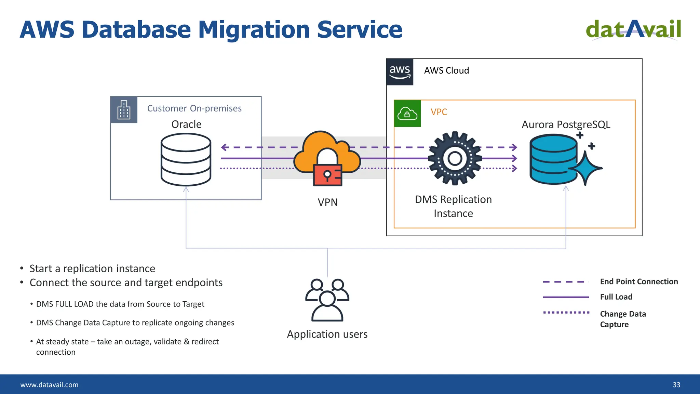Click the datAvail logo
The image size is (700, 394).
pos(633,29)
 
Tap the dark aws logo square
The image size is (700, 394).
pos(400,72)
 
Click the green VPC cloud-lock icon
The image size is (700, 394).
pos(407,114)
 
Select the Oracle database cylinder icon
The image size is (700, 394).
pos(186,159)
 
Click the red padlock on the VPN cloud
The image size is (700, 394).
pos(327,175)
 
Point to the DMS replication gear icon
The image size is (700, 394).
pos(455,158)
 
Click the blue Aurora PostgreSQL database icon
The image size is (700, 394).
pos(554,159)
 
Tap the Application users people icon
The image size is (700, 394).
pos(327,300)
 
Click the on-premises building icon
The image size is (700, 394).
pos(124,110)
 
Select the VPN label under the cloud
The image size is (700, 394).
pos(327,202)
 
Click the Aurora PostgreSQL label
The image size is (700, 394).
pos(566,124)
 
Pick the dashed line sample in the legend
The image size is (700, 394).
pos(566,282)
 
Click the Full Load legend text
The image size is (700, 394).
pos(616,297)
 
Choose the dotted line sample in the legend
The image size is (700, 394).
pos(566,312)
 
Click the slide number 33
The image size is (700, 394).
pos(676,385)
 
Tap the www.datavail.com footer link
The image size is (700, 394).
pos(49,385)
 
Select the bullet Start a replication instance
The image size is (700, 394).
pos(92,268)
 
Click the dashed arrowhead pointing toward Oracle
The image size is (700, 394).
pos(224,147)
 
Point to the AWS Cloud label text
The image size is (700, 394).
pos(446,70)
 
